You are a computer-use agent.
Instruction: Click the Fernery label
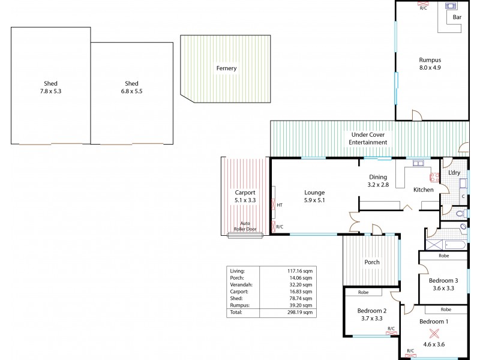[226, 68]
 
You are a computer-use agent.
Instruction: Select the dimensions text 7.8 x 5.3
[50, 91]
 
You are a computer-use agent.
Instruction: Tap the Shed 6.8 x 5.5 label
[131, 88]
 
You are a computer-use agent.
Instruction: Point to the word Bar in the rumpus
[457, 17]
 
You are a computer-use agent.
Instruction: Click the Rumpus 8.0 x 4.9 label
[430, 64]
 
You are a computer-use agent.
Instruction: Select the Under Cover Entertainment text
[368, 139]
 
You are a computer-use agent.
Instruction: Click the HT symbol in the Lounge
[280, 205]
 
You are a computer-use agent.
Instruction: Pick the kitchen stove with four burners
[433, 176]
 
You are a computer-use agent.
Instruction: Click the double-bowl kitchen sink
[418, 163]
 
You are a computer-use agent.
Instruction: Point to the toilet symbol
[460, 213]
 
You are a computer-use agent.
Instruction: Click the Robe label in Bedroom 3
[443, 256]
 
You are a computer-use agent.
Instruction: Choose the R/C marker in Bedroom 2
[391, 329]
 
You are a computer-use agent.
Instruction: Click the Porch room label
[372, 262]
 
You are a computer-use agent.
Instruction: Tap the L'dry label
[454, 173]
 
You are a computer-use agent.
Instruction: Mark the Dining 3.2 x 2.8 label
[378, 181]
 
